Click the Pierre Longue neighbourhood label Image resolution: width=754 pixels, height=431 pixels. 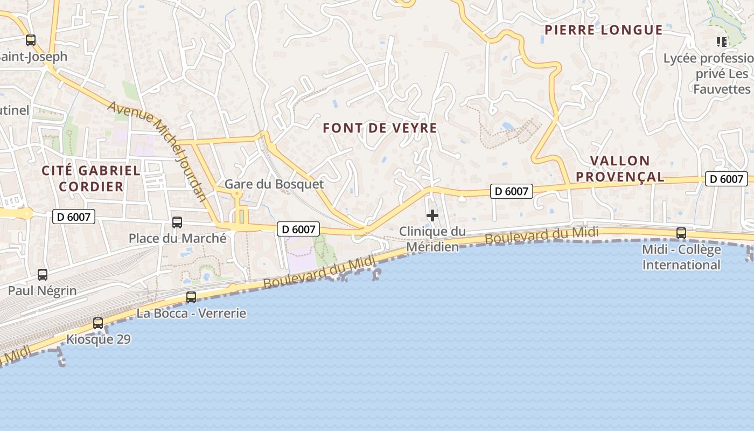[603, 30]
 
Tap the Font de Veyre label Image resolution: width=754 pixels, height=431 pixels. [380, 128]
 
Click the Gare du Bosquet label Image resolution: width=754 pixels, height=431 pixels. [274, 184]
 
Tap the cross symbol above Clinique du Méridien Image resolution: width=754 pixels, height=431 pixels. [432, 216]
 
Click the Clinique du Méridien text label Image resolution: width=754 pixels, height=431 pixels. [432, 239]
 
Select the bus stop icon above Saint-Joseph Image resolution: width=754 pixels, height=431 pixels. [31, 40]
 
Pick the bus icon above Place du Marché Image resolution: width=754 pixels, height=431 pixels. [177, 222]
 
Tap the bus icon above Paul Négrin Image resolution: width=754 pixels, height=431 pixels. [43, 274]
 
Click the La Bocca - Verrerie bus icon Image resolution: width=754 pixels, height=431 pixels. [191, 297]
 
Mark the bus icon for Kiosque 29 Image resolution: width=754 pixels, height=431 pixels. [98, 323]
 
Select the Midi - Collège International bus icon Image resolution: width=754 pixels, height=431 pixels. [681, 233]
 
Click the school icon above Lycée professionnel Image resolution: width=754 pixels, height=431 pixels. [721, 41]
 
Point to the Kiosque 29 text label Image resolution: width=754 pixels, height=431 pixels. [98, 339]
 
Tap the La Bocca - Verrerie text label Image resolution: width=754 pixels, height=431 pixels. [191, 313]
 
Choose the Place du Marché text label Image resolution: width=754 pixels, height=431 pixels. [177, 238]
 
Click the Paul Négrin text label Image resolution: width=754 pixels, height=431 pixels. [42, 291]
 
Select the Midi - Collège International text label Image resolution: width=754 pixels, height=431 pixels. [681, 258]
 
